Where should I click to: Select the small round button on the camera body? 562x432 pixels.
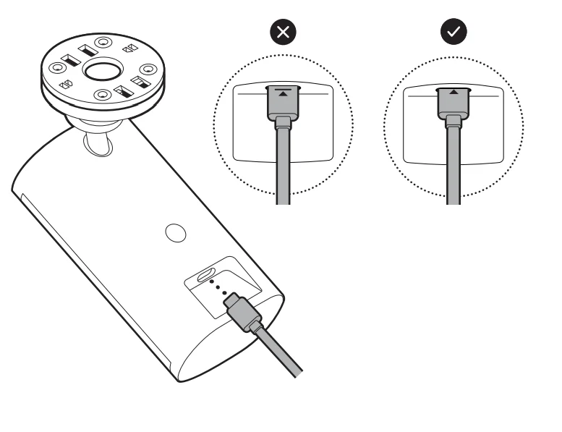tap(174, 233)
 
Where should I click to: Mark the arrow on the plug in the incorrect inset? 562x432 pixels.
tap(284, 93)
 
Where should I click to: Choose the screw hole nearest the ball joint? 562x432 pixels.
tap(103, 94)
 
